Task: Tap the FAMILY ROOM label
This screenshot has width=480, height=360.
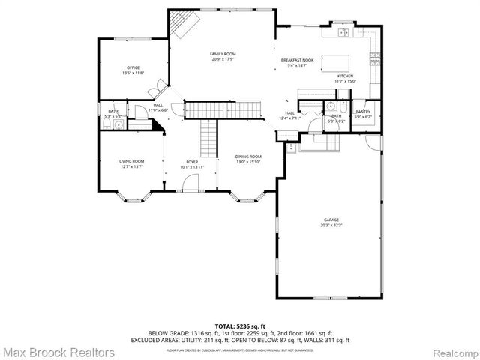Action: click(223, 54)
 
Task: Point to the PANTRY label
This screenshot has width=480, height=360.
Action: click(363, 111)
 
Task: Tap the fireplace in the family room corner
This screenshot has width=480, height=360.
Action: click(182, 25)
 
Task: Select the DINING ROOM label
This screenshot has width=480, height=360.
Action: click(249, 157)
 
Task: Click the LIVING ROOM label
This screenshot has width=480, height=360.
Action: click(131, 161)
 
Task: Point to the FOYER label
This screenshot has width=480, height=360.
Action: click(192, 161)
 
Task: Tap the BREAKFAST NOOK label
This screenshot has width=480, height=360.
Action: click(298, 60)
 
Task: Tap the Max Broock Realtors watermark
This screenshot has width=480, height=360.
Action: click(58, 351)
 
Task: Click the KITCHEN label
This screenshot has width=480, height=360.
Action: click(345, 76)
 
